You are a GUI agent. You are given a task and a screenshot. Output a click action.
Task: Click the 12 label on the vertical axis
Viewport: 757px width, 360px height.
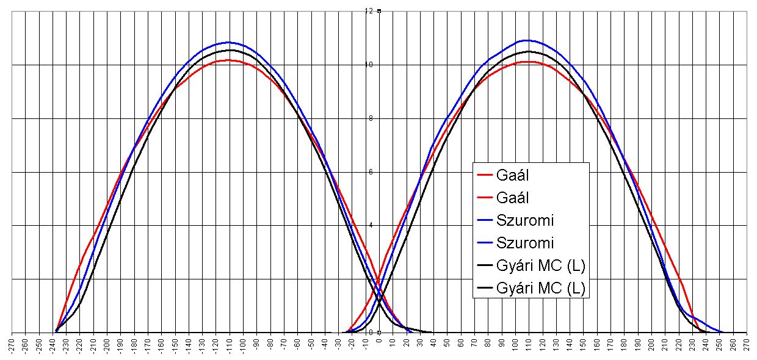coord(368,11)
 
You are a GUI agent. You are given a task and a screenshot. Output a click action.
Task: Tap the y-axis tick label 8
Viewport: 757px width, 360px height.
coord(370,118)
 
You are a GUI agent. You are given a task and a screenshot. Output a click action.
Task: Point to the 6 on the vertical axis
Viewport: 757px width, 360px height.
coord(370,172)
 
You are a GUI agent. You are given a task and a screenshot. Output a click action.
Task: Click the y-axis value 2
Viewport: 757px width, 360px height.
coord(370,279)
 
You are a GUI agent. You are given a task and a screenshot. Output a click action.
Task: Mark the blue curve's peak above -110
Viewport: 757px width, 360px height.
coord(229,42)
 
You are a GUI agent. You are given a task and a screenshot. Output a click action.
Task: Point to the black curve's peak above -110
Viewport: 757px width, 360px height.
coord(229,50)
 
